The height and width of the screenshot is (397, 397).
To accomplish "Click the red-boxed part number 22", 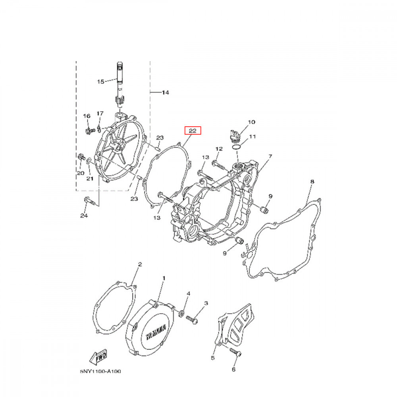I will tap(193, 131).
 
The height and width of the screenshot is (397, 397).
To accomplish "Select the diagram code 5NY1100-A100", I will tap(100, 372).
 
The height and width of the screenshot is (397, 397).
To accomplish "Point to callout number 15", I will tap(100, 82).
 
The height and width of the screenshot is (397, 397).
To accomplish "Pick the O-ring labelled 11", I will tap(236, 147).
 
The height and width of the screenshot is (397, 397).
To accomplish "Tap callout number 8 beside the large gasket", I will tap(312, 182).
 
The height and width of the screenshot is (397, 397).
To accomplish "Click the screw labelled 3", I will tap(192, 318).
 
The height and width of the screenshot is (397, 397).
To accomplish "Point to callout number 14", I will tap(166, 93).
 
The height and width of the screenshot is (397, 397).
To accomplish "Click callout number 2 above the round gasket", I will tap(140, 264).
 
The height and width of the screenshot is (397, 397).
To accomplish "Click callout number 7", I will tap(270, 156).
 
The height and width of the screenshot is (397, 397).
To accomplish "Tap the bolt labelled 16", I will tap(89, 130).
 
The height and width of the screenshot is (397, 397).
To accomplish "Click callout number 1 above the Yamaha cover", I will tap(164, 279).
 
